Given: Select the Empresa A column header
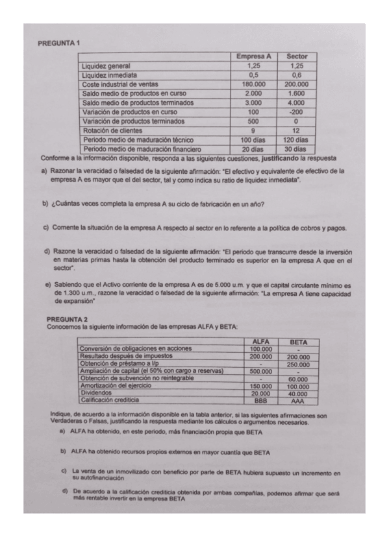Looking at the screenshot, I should (253, 56).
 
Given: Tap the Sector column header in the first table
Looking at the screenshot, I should (296, 56).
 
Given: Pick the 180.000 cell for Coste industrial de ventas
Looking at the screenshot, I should (253, 84).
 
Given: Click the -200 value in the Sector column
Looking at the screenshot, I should (296, 112).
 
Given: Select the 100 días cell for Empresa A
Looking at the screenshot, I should (253, 139).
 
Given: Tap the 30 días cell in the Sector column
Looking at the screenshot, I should (296, 149).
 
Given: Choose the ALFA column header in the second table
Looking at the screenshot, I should (260, 341).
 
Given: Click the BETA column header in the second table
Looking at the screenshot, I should (298, 341).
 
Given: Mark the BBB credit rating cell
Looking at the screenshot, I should (260, 401).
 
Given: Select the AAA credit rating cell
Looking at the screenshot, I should (298, 401).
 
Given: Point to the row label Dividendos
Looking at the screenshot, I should (96, 393).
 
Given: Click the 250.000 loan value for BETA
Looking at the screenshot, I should (298, 364).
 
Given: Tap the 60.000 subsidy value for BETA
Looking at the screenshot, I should (298, 378).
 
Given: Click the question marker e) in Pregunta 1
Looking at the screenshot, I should (48, 285).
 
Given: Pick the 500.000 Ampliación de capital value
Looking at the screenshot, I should (260, 371).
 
